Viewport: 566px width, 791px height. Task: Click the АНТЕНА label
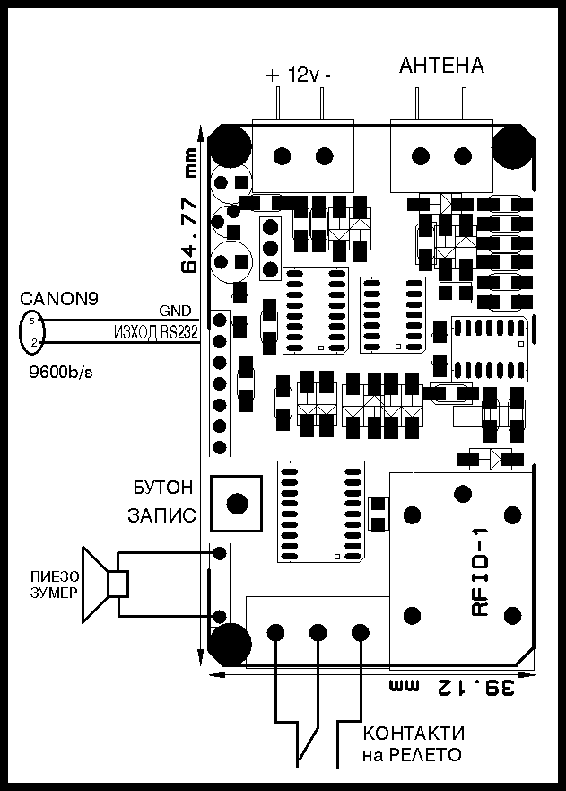[x=441, y=66]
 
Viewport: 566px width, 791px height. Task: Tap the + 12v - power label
[x=299, y=75]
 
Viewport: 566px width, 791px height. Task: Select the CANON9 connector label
[x=59, y=299]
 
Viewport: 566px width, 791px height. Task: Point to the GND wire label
[x=175, y=311]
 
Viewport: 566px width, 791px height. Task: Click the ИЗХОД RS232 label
[x=155, y=332]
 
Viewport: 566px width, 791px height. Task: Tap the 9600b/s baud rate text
[x=60, y=373]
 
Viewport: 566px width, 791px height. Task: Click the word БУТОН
[x=162, y=488]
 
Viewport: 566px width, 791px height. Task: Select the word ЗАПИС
[x=161, y=515]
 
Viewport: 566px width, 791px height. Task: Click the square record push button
[x=237, y=503]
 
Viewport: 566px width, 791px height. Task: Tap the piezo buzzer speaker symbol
[x=105, y=584]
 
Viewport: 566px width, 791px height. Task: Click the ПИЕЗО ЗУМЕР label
[x=55, y=584]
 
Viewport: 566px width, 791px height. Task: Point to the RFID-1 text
[x=480, y=572]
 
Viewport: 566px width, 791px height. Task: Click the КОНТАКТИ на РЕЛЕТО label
[x=414, y=743]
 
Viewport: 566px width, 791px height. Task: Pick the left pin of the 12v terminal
[x=278, y=103]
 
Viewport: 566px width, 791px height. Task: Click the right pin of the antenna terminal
[x=463, y=103]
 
